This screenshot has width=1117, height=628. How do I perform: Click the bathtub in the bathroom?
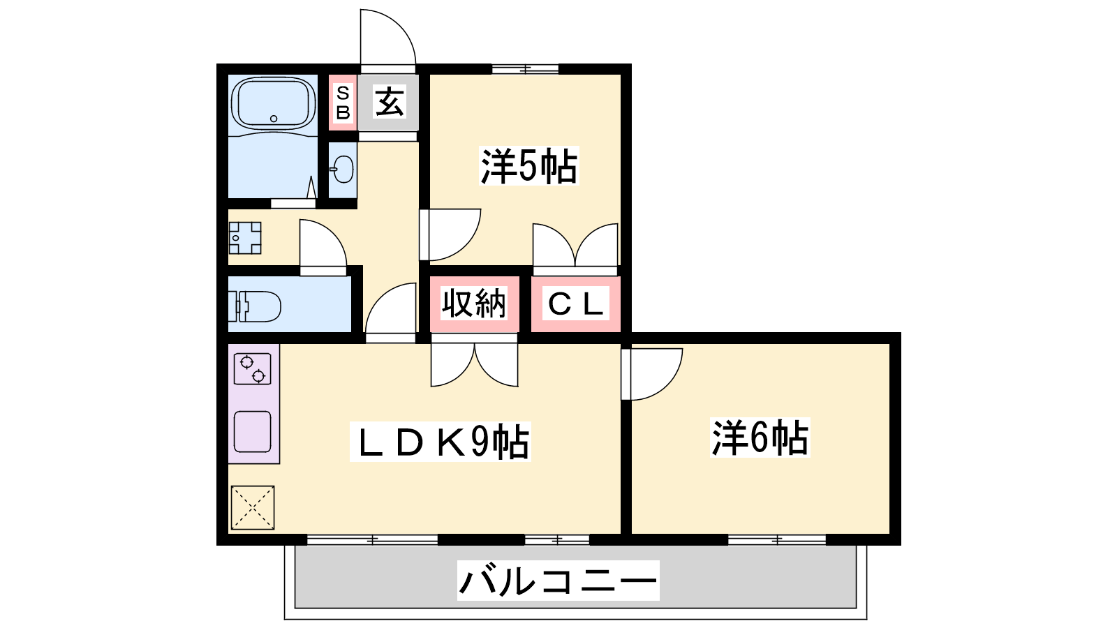[x=273, y=104]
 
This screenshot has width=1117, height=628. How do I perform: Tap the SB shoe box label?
[x=343, y=103]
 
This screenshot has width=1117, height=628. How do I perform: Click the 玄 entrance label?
[x=390, y=101]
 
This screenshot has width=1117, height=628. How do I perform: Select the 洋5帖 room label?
[x=528, y=165]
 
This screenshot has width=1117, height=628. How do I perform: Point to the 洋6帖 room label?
[x=760, y=438]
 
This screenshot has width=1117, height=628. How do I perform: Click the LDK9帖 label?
[x=441, y=442]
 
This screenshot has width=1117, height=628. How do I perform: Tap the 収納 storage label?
[x=474, y=303]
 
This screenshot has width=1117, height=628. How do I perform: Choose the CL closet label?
[x=576, y=303]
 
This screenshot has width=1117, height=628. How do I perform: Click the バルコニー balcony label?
[x=558, y=580]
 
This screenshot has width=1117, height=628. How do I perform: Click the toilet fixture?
[x=254, y=306]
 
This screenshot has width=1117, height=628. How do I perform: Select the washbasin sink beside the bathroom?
[x=342, y=170]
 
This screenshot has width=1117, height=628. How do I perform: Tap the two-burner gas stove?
[x=252, y=369]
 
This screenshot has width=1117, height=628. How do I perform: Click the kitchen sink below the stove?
[x=252, y=432]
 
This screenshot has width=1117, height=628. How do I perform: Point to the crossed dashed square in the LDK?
[x=253, y=507]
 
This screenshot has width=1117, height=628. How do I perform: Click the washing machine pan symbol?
[x=245, y=238]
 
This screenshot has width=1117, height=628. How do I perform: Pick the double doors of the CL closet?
[x=575, y=245]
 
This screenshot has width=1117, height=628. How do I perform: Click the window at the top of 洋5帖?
[x=525, y=69]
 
